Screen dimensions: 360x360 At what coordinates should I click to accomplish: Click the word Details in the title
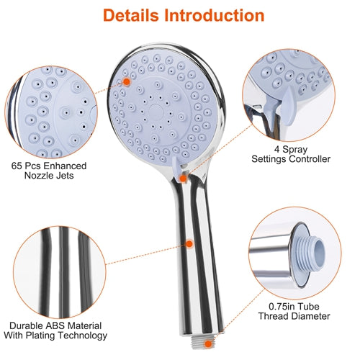131,15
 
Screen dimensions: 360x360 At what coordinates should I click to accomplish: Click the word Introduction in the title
215,15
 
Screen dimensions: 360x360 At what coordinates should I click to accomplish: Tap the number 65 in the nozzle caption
17,166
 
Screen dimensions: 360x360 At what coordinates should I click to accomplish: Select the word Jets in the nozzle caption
65,176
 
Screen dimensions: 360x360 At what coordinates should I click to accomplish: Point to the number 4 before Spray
277,149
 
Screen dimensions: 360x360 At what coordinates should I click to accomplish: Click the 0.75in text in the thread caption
282,307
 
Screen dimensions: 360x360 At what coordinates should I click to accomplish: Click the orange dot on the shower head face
127,82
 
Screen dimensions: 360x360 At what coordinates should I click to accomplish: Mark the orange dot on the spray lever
183,179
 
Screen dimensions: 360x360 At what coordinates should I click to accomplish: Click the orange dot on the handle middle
189,244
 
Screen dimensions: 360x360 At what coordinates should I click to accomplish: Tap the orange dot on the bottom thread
208,344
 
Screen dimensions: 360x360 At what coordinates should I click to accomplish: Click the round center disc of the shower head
156,112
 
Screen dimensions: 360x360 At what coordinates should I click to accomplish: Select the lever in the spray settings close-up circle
288,106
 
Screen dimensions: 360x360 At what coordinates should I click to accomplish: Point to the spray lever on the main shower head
177,168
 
